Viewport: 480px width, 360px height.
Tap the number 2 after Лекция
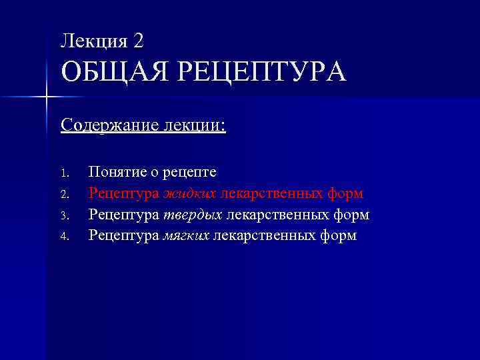[138, 41]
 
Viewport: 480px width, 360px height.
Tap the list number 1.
[65, 173]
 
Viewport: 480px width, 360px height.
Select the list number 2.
[65, 195]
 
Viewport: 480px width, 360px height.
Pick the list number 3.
[65, 215]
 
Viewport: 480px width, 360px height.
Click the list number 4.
[65, 236]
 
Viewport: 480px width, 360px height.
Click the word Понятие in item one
[117, 172]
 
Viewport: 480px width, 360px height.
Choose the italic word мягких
[187, 235]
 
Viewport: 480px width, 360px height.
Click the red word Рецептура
[123, 194]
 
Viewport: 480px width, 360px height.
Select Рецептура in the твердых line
[123, 215]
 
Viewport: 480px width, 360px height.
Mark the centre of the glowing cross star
[46, 98]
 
